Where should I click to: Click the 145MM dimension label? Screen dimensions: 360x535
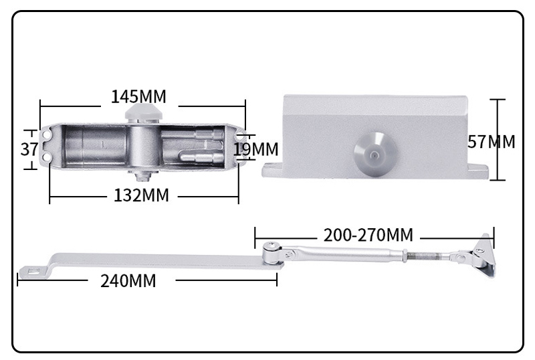[x=138, y=97]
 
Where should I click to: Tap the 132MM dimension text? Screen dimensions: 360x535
[x=140, y=196]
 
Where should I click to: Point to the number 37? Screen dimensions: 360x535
[x=29, y=149]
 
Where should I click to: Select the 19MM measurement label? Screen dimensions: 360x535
[x=256, y=149]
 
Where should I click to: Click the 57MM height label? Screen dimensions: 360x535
[x=492, y=142]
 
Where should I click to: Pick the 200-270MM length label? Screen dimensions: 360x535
[x=368, y=235]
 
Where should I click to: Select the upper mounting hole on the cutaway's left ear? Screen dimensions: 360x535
[x=48, y=134]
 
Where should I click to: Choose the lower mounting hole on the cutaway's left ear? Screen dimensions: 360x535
[x=48, y=157]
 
